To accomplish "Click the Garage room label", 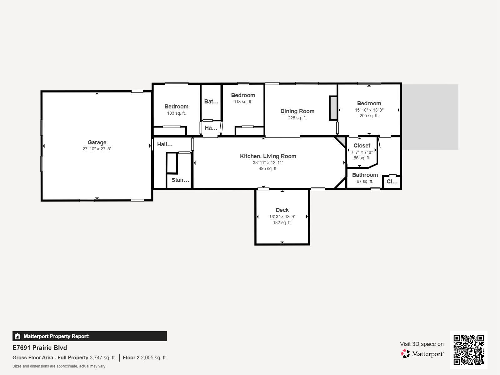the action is click(x=97, y=142).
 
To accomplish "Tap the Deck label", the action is click(x=282, y=210).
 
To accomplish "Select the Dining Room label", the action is click(x=297, y=111).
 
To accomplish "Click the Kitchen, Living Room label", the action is click(x=268, y=156).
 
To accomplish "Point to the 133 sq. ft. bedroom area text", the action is click(x=176, y=113).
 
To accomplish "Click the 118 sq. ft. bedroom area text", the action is click(x=243, y=102).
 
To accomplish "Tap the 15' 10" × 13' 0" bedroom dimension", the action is click(x=369, y=110).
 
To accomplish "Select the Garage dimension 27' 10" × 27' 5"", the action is click(x=97, y=149).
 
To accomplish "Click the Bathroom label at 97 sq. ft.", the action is click(x=365, y=175).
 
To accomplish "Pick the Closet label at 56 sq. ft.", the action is click(x=362, y=146).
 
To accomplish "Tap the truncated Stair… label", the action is click(x=180, y=180).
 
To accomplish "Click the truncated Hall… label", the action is click(x=165, y=144).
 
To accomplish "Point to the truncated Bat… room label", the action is click(x=211, y=102).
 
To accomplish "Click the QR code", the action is click(x=468, y=350).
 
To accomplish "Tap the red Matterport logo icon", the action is click(x=405, y=354).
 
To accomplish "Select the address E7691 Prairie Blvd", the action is click(x=40, y=348).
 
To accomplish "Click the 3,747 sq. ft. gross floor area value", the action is click(x=103, y=358).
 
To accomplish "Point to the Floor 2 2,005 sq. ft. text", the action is click(x=145, y=358).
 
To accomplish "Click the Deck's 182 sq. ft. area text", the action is click(x=282, y=222).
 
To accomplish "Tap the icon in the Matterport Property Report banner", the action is click(x=17, y=336).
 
